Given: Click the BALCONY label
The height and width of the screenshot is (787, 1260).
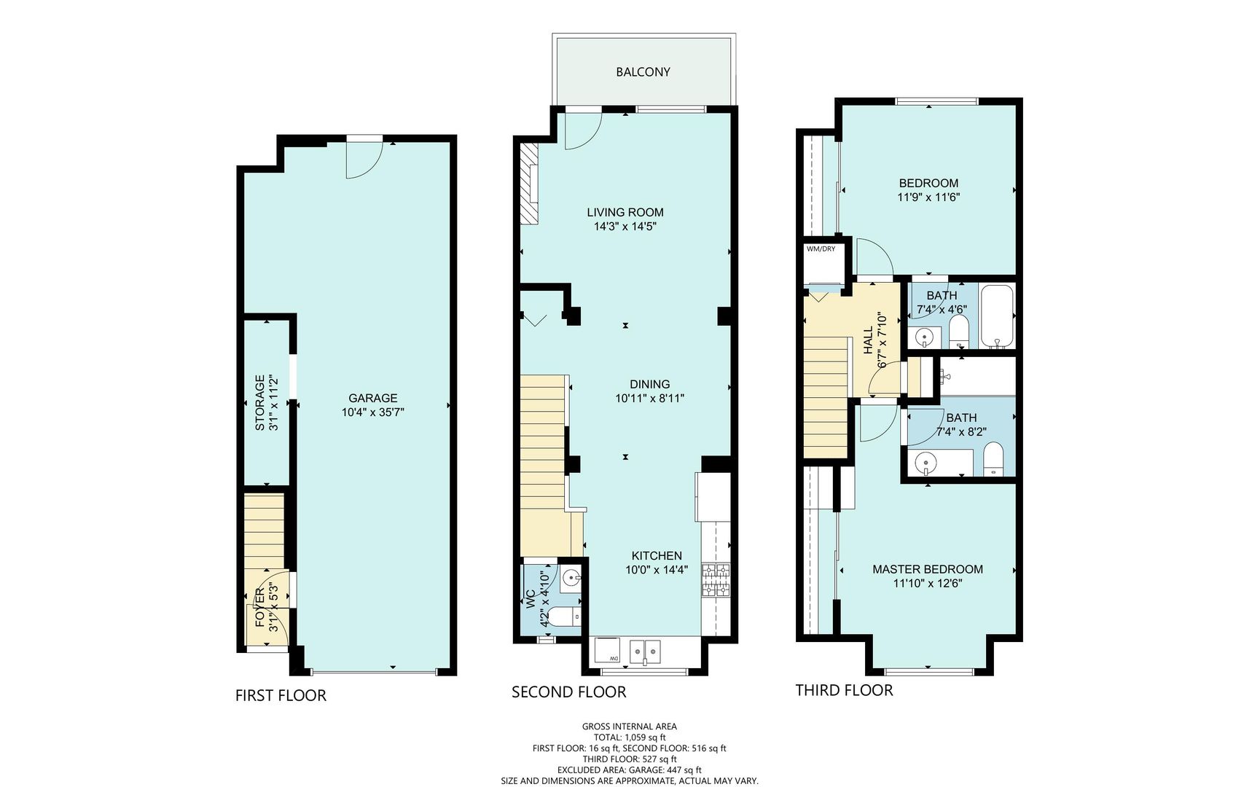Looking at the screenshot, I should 643,72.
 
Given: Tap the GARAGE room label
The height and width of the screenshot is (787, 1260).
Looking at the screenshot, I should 372,398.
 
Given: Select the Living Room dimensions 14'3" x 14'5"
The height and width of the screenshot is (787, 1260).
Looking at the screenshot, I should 625,227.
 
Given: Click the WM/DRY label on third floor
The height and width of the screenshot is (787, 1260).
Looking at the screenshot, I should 821,249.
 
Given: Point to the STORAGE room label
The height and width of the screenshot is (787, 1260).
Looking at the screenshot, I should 259,402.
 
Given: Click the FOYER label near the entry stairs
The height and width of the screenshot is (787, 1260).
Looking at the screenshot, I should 260,608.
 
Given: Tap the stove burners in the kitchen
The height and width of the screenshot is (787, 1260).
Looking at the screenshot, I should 716,581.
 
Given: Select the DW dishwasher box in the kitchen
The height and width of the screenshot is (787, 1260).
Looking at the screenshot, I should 606,649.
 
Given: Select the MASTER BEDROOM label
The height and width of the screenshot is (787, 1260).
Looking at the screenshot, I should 927,569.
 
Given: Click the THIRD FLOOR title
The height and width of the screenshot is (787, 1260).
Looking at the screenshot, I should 843,690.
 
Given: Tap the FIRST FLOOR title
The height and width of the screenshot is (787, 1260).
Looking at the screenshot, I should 281,695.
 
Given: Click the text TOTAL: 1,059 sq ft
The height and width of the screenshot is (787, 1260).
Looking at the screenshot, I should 629,737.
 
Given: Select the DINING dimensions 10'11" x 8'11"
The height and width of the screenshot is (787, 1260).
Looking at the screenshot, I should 649,399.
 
